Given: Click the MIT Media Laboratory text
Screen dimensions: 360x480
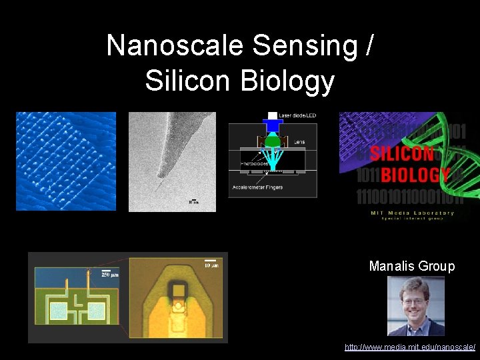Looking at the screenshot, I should tap(413, 213).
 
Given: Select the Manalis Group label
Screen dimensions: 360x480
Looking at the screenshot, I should tap(412, 267).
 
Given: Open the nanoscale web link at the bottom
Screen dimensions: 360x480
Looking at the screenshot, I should tap(409, 347).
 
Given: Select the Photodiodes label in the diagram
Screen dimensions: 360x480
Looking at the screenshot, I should tap(255, 163).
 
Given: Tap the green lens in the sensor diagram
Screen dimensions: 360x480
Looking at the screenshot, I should tap(273, 141).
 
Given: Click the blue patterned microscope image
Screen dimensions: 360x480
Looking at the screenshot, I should tap(66, 161).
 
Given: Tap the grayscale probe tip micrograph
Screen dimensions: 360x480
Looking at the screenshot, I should tap(172, 161).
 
